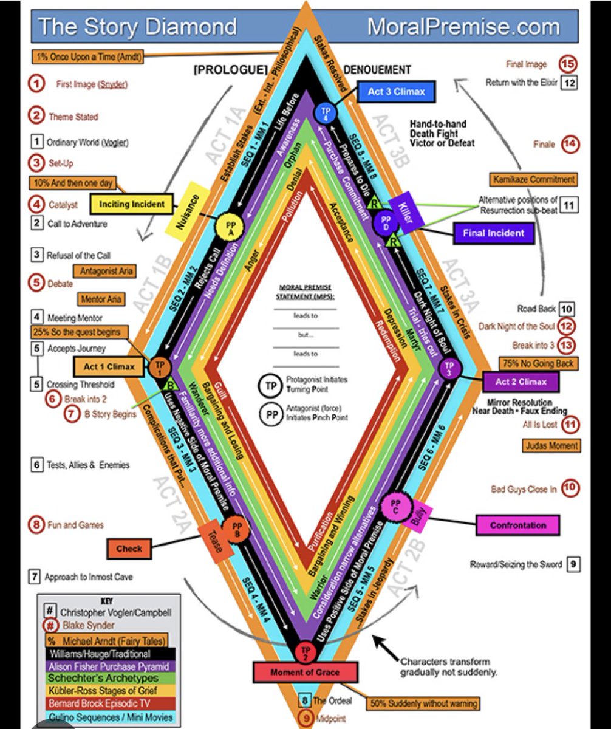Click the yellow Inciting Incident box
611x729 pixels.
pos(132,204)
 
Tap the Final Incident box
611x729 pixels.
pos(493,232)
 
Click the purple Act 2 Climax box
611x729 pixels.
pos(521,382)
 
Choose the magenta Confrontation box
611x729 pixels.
pos(517,525)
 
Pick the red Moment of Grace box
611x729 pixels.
pos(304,673)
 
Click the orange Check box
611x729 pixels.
pos(129,549)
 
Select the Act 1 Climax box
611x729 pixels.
pos(104,367)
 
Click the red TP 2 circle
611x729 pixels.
pos(305,652)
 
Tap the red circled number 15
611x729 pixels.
pos(568,64)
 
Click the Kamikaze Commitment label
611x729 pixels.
pos(533,179)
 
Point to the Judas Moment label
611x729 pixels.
pos(551,445)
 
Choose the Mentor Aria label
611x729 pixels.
pos(100,299)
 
